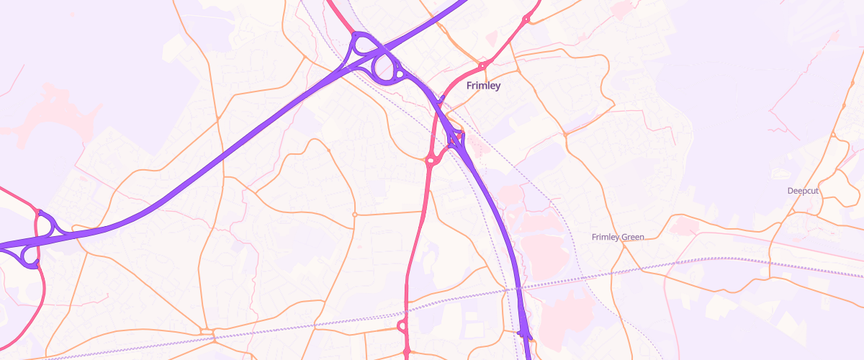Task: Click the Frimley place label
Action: coord(483,86)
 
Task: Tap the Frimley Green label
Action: coord(617,237)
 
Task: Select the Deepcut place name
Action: coord(803,191)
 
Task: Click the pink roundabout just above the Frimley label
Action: coord(482,66)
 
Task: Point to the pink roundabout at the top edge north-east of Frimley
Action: coord(527,18)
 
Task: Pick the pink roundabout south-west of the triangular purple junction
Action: coord(430,161)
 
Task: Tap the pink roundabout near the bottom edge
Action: coord(402,328)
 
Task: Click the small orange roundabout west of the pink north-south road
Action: coord(354,215)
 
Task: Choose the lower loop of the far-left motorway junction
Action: coord(30,255)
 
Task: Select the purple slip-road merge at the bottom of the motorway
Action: coord(524,334)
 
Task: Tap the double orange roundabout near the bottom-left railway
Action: coord(208,332)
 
